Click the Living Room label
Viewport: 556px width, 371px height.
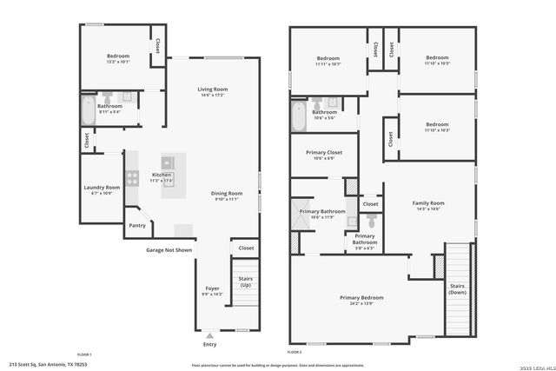pyautogui.click(x=212, y=89)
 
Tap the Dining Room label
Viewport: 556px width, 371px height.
pyautogui.click(x=227, y=193)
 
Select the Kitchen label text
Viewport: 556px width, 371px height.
pyautogui.click(x=162, y=176)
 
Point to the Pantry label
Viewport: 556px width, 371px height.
pyautogui.click(x=137, y=226)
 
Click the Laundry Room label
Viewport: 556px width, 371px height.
pyautogui.click(x=102, y=188)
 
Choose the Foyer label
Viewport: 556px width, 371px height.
pyautogui.click(x=212, y=288)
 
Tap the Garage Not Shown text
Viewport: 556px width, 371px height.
pyautogui.click(x=169, y=249)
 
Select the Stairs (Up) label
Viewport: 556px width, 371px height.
pyautogui.click(x=245, y=282)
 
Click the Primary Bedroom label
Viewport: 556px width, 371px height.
pyautogui.click(x=361, y=298)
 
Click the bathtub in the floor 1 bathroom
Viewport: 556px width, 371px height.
pyautogui.click(x=88, y=110)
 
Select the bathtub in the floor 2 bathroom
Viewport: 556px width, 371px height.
pyautogui.click(x=299, y=116)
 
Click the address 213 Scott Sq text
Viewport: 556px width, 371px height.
pyautogui.click(x=48, y=365)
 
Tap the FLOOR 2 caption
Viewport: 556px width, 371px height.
pyautogui.click(x=295, y=353)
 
